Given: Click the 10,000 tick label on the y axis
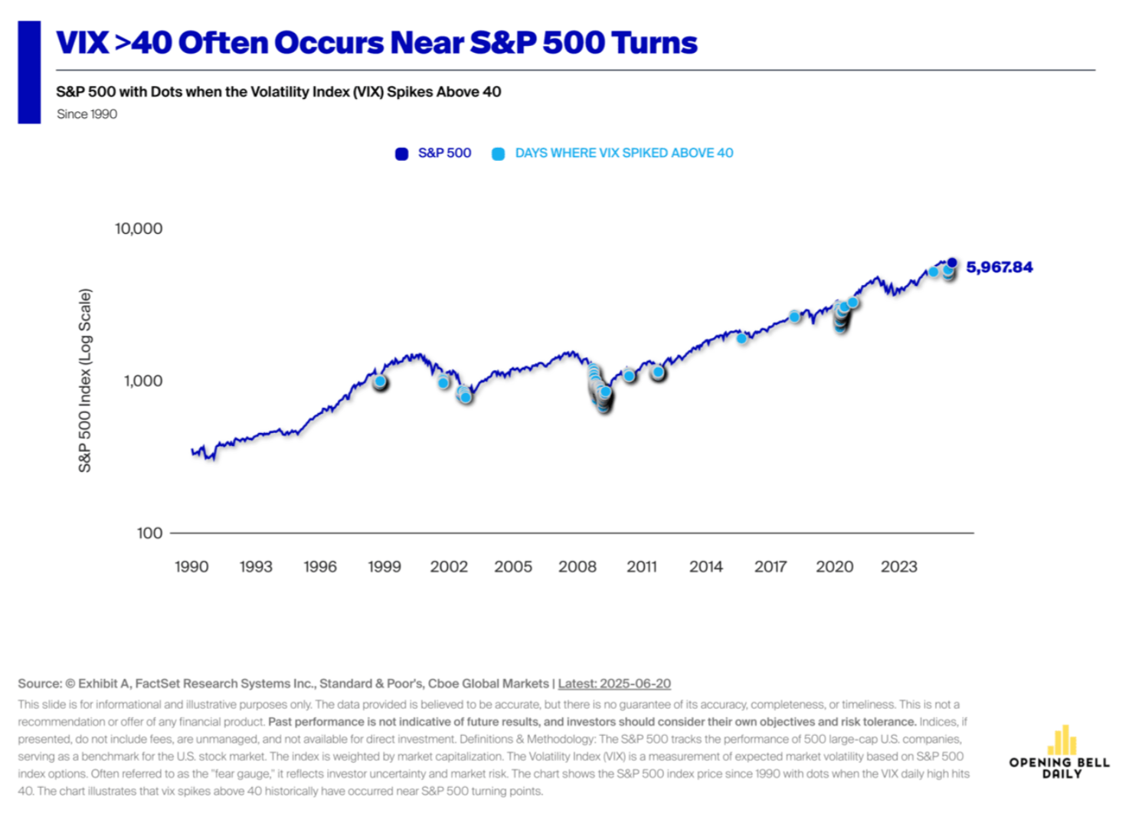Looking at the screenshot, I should click(139, 228).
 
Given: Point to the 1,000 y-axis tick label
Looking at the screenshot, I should click(143, 381).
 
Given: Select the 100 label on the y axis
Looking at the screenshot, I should click(149, 533).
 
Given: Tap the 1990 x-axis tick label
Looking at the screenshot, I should click(191, 566).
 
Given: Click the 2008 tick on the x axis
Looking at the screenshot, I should click(577, 566).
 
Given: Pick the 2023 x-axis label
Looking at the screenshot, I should click(898, 566).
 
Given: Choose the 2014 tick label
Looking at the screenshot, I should click(705, 566).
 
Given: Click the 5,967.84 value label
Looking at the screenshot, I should click(999, 267).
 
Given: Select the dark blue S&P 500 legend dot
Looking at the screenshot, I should click(401, 154).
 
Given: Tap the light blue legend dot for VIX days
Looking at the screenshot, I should click(498, 154).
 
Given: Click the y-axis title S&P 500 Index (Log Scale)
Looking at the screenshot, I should click(85, 380).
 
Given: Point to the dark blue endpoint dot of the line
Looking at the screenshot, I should click(952, 263).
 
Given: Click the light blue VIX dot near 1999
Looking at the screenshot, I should click(380, 381).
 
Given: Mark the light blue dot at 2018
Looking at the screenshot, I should click(794, 317).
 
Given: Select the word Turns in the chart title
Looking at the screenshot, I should click(654, 43).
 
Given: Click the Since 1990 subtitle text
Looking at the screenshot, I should click(87, 114).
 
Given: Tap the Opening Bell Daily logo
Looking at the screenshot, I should click(1060, 753).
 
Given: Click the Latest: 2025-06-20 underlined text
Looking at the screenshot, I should click(614, 684).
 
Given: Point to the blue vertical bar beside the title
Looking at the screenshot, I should click(29, 72).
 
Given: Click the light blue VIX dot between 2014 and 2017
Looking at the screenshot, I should click(741, 338).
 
